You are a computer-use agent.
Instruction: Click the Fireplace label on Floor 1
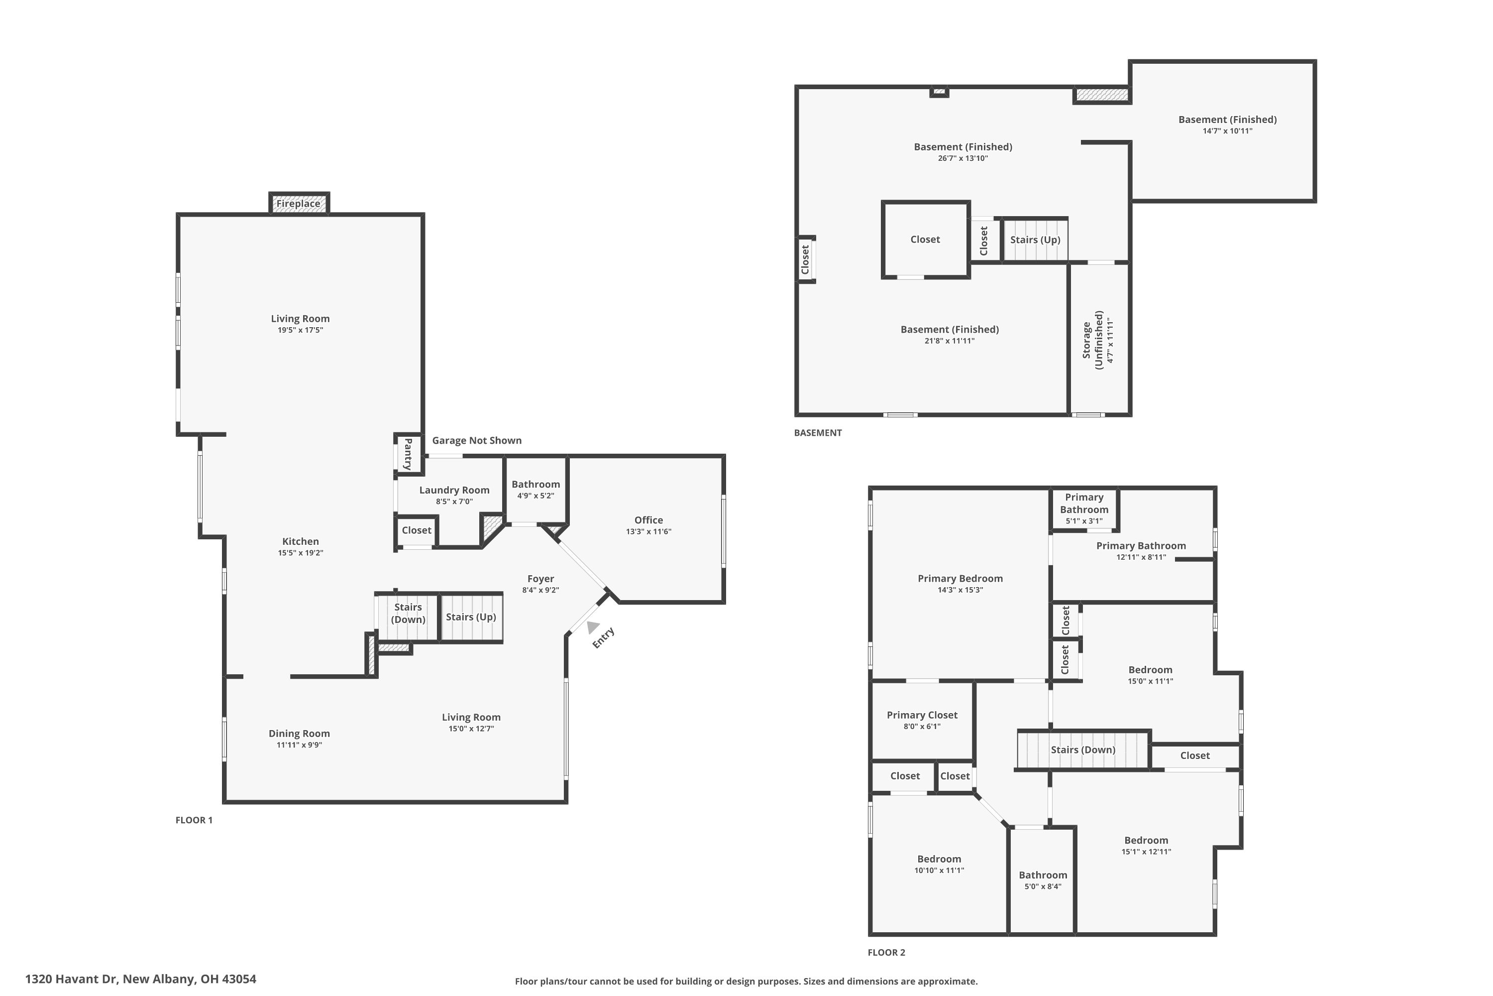(298, 203)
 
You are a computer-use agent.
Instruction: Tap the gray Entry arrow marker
(592, 627)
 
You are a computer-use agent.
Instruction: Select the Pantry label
(408, 454)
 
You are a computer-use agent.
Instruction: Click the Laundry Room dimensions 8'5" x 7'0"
(454, 501)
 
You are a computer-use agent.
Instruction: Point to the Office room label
(648, 519)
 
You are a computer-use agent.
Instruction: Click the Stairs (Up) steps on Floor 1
(471, 617)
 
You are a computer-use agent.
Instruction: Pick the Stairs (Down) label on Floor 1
(408, 613)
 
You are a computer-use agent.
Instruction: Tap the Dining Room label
(299, 733)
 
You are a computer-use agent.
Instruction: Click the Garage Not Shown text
(477, 440)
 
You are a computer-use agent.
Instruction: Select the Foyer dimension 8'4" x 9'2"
(540, 590)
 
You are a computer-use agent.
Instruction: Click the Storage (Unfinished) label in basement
(1092, 340)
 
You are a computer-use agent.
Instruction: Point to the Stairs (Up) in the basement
(1035, 240)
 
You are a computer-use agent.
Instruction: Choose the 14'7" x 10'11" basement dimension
(1227, 131)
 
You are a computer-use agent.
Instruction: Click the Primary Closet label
(922, 715)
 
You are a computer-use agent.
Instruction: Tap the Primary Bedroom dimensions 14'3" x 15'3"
(960, 590)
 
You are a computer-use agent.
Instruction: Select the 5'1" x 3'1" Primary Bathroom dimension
(1083, 521)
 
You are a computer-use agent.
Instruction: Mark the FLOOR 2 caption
(886, 952)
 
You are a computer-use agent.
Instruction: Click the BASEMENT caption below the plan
(818, 433)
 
